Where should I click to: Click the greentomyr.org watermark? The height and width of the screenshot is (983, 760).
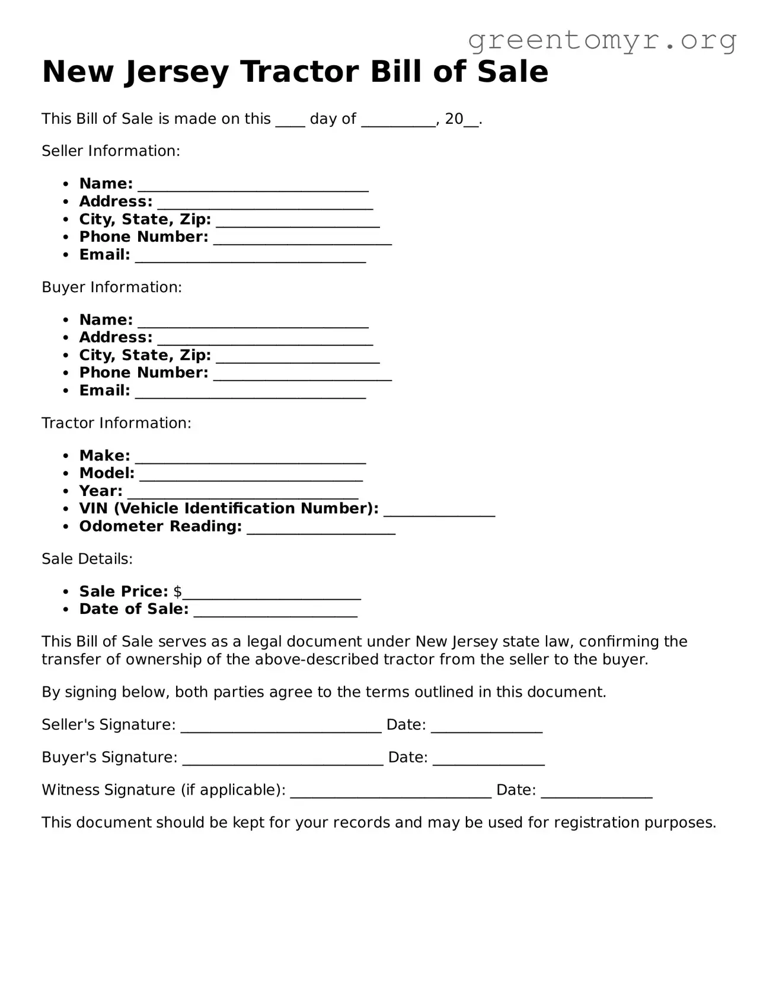(602, 40)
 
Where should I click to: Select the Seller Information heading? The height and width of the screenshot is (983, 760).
(110, 151)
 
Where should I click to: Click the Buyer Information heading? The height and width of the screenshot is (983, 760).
(111, 287)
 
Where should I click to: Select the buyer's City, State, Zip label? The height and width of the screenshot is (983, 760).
(145, 355)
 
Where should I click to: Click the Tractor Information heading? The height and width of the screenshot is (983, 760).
(116, 423)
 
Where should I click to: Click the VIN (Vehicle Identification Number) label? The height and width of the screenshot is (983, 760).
(229, 508)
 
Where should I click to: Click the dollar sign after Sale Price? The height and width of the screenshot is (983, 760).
(178, 591)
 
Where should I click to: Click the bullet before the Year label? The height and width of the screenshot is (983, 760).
(66, 492)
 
